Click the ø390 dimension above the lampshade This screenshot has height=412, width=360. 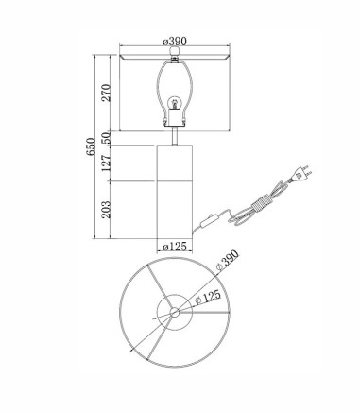tap(175, 42)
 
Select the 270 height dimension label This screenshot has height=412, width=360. tap(106, 93)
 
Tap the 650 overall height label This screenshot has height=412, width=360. tap(91, 146)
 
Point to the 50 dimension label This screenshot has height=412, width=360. tap(106, 138)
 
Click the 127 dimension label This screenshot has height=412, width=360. tap(106, 163)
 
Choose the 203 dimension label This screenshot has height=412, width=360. tap(106, 210)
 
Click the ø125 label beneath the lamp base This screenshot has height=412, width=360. tap(175, 247)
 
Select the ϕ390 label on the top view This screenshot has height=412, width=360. tap(228, 260)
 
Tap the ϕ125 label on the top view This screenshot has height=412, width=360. tap(208, 297)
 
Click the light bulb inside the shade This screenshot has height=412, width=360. tap(174, 103)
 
